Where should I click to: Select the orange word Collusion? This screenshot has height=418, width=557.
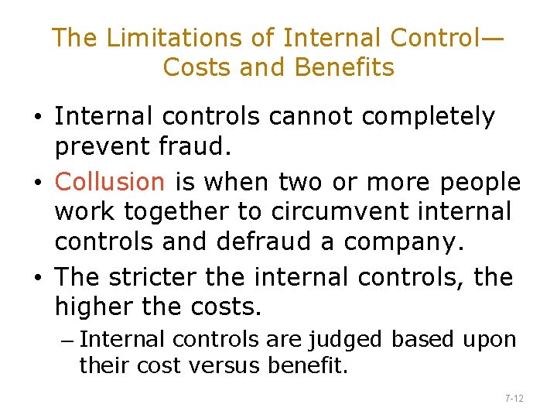point(110,181)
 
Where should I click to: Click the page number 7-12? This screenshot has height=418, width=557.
point(514,398)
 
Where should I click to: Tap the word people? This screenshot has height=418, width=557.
point(480,182)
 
